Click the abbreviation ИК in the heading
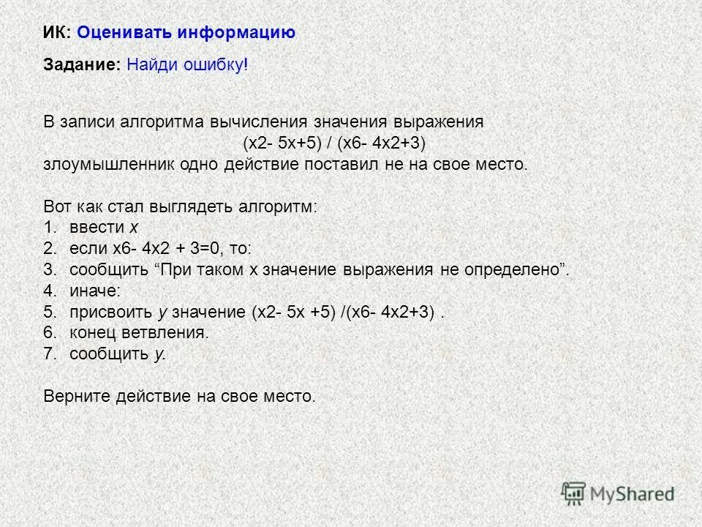pyautogui.click(x=56, y=32)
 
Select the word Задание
pyautogui.click(x=80, y=65)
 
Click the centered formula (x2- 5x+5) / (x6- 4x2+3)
pyautogui.click(x=333, y=143)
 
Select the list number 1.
pyautogui.click(x=49, y=228)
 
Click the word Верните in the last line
pyautogui.click(x=76, y=397)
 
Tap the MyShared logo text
pyautogui.click(x=633, y=494)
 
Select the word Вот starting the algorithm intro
pyautogui.click(x=58, y=206)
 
